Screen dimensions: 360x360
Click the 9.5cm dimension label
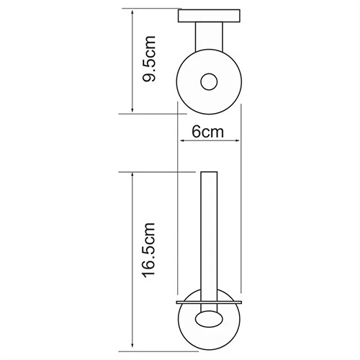(x=149, y=59)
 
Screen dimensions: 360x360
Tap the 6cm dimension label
(x=208, y=132)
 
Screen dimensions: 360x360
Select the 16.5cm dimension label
(x=149, y=251)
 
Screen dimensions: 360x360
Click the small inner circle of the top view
(x=209, y=82)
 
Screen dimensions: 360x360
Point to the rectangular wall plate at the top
(x=209, y=16)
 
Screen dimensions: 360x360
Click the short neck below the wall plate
(x=209, y=37)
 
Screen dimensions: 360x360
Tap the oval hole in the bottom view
(x=209, y=319)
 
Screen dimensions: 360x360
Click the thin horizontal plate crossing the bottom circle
(x=209, y=302)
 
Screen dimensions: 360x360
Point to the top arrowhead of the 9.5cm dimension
(x=132, y=12)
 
